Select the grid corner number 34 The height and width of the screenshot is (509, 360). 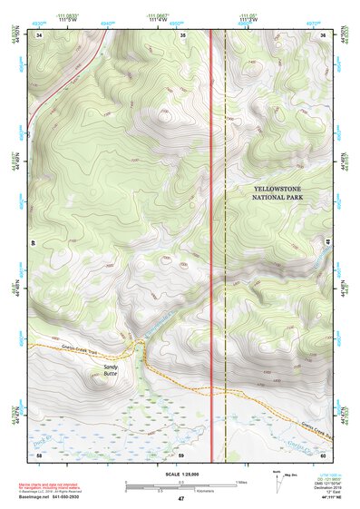click(x=40, y=35)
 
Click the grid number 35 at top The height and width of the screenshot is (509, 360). click(x=183, y=35)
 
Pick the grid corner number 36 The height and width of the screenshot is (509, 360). click(x=324, y=35)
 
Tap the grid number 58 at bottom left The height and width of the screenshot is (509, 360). click(x=40, y=454)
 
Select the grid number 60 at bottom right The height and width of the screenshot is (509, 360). click(x=324, y=454)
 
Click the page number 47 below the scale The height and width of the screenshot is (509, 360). click(x=180, y=499)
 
